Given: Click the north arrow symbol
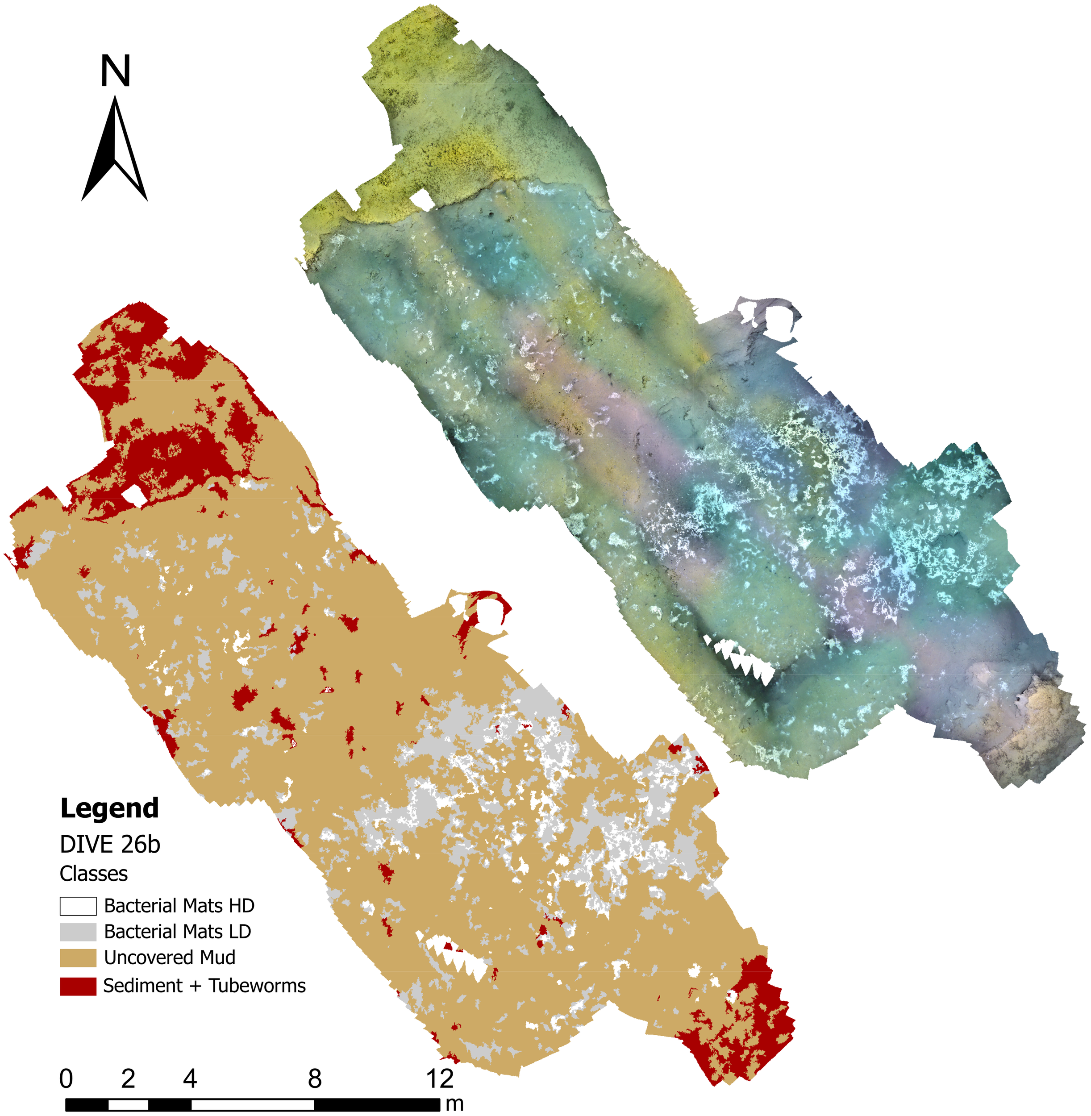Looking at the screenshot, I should click(x=115, y=152).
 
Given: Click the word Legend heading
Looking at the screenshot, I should click(x=109, y=808).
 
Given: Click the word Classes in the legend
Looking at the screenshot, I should click(x=93, y=874).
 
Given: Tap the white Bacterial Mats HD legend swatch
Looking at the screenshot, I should click(x=78, y=906).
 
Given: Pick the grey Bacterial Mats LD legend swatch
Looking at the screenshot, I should click(x=78, y=932).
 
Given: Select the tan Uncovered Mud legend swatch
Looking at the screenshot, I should click(x=78, y=958).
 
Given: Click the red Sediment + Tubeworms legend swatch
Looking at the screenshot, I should click(x=78, y=986).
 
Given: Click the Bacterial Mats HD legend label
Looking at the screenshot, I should click(x=179, y=906).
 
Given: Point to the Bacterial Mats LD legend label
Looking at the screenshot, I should click(x=178, y=932).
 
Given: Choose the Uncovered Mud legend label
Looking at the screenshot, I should click(x=170, y=958).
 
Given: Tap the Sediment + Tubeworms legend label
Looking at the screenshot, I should click(x=204, y=986).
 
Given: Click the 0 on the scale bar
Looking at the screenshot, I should click(x=67, y=1079).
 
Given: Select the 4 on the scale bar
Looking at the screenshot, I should click(x=190, y=1079).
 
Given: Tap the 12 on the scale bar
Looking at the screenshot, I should click(x=440, y=1079).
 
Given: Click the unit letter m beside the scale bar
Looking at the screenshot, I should click(x=454, y=1104).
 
